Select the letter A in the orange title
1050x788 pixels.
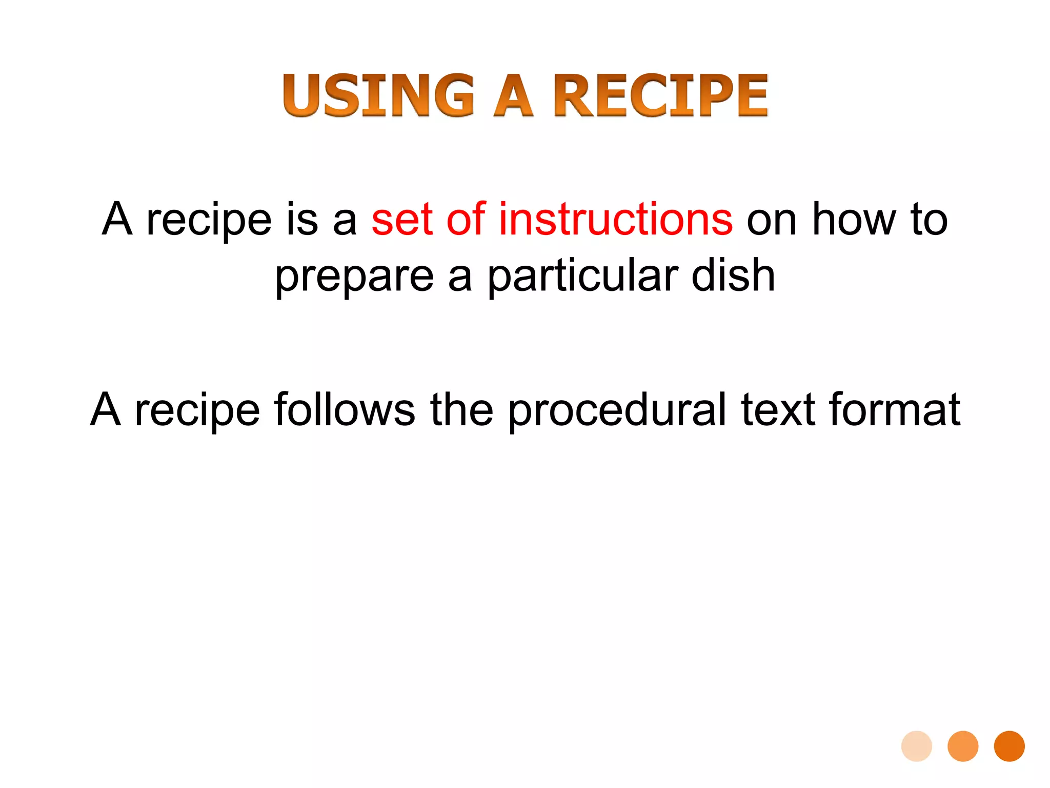(x=513, y=95)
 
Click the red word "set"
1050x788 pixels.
(x=402, y=220)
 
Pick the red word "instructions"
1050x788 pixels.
(x=616, y=220)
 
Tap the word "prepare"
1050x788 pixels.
(x=354, y=277)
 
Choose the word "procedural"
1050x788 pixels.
(x=617, y=410)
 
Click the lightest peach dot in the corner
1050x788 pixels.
(x=917, y=746)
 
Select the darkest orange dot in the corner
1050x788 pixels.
(x=1009, y=746)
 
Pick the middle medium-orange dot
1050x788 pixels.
(x=963, y=746)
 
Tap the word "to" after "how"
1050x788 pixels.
(x=929, y=220)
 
